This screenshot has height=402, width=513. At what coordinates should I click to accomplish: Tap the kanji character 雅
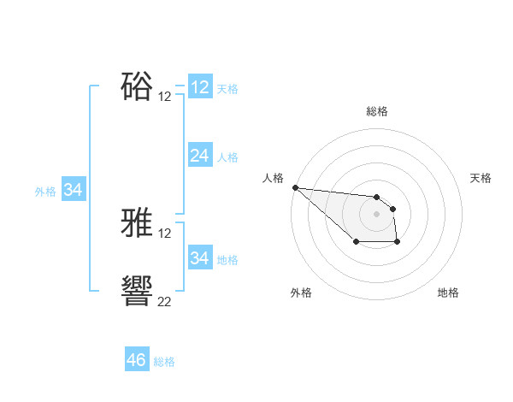(138, 224)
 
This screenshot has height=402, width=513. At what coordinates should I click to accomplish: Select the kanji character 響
(138, 291)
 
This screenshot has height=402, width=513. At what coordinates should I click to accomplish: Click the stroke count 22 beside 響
(165, 300)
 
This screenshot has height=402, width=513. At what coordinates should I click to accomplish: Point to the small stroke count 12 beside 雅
(165, 234)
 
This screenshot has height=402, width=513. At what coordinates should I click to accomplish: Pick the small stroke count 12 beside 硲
(165, 96)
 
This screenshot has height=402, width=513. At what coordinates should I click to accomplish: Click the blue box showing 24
(200, 156)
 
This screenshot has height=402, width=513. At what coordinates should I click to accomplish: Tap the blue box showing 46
(137, 360)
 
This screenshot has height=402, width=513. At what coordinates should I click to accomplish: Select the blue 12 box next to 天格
(200, 87)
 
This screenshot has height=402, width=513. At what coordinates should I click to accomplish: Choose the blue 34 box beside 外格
(74, 191)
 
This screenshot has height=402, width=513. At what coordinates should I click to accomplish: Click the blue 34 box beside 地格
(200, 258)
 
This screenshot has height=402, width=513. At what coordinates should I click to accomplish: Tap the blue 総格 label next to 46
(164, 362)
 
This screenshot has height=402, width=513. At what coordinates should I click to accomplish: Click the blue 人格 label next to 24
(227, 157)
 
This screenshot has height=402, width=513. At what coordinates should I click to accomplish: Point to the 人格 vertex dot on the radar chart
(294, 187)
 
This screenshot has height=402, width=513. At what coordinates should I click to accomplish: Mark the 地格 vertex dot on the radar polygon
(398, 243)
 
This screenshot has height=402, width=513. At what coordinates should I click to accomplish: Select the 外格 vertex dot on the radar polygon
(356, 243)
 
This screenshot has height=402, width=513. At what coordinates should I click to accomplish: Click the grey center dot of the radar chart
(376, 213)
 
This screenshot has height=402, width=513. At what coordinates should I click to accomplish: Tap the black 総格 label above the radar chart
(377, 111)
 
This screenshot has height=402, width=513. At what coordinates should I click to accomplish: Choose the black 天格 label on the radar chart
(481, 178)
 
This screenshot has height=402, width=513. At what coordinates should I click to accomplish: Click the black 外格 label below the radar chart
(301, 293)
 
